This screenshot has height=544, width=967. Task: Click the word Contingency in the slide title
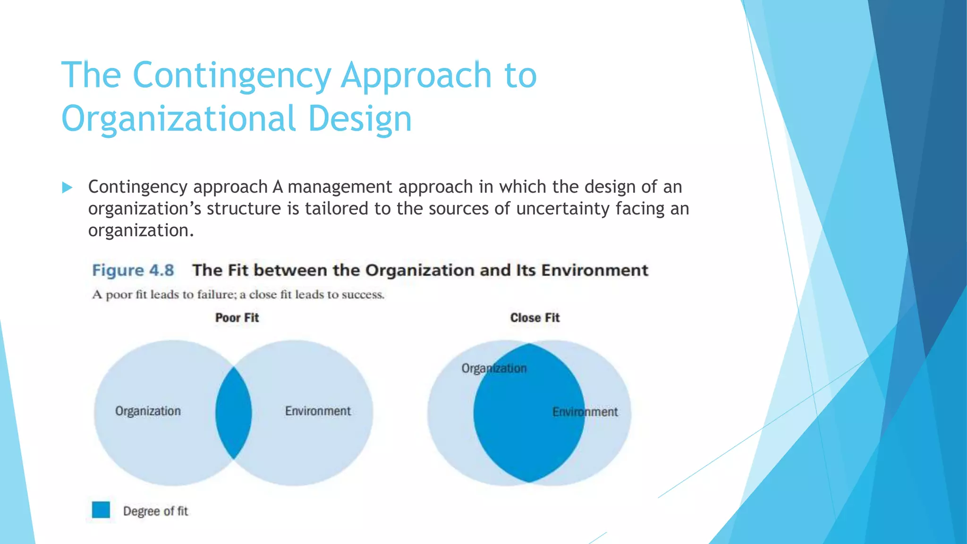point(231,76)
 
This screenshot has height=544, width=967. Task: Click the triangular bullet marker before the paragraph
point(67,188)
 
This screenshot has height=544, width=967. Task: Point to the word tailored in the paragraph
point(336,209)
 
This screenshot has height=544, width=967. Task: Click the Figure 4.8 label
point(133,271)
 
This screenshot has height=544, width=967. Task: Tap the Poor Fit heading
point(237,318)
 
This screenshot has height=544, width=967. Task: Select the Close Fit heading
point(534,318)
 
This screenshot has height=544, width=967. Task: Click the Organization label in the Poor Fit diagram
point(148,411)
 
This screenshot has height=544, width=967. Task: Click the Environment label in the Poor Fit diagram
point(318,411)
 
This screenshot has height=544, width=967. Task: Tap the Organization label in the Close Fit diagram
point(494,368)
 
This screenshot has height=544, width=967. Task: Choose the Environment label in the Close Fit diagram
point(585,412)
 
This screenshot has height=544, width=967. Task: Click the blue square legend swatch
point(101,510)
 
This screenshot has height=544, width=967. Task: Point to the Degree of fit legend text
point(155,511)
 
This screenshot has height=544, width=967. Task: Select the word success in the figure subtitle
point(363,295)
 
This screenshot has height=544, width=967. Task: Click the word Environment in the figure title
point(594,271)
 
